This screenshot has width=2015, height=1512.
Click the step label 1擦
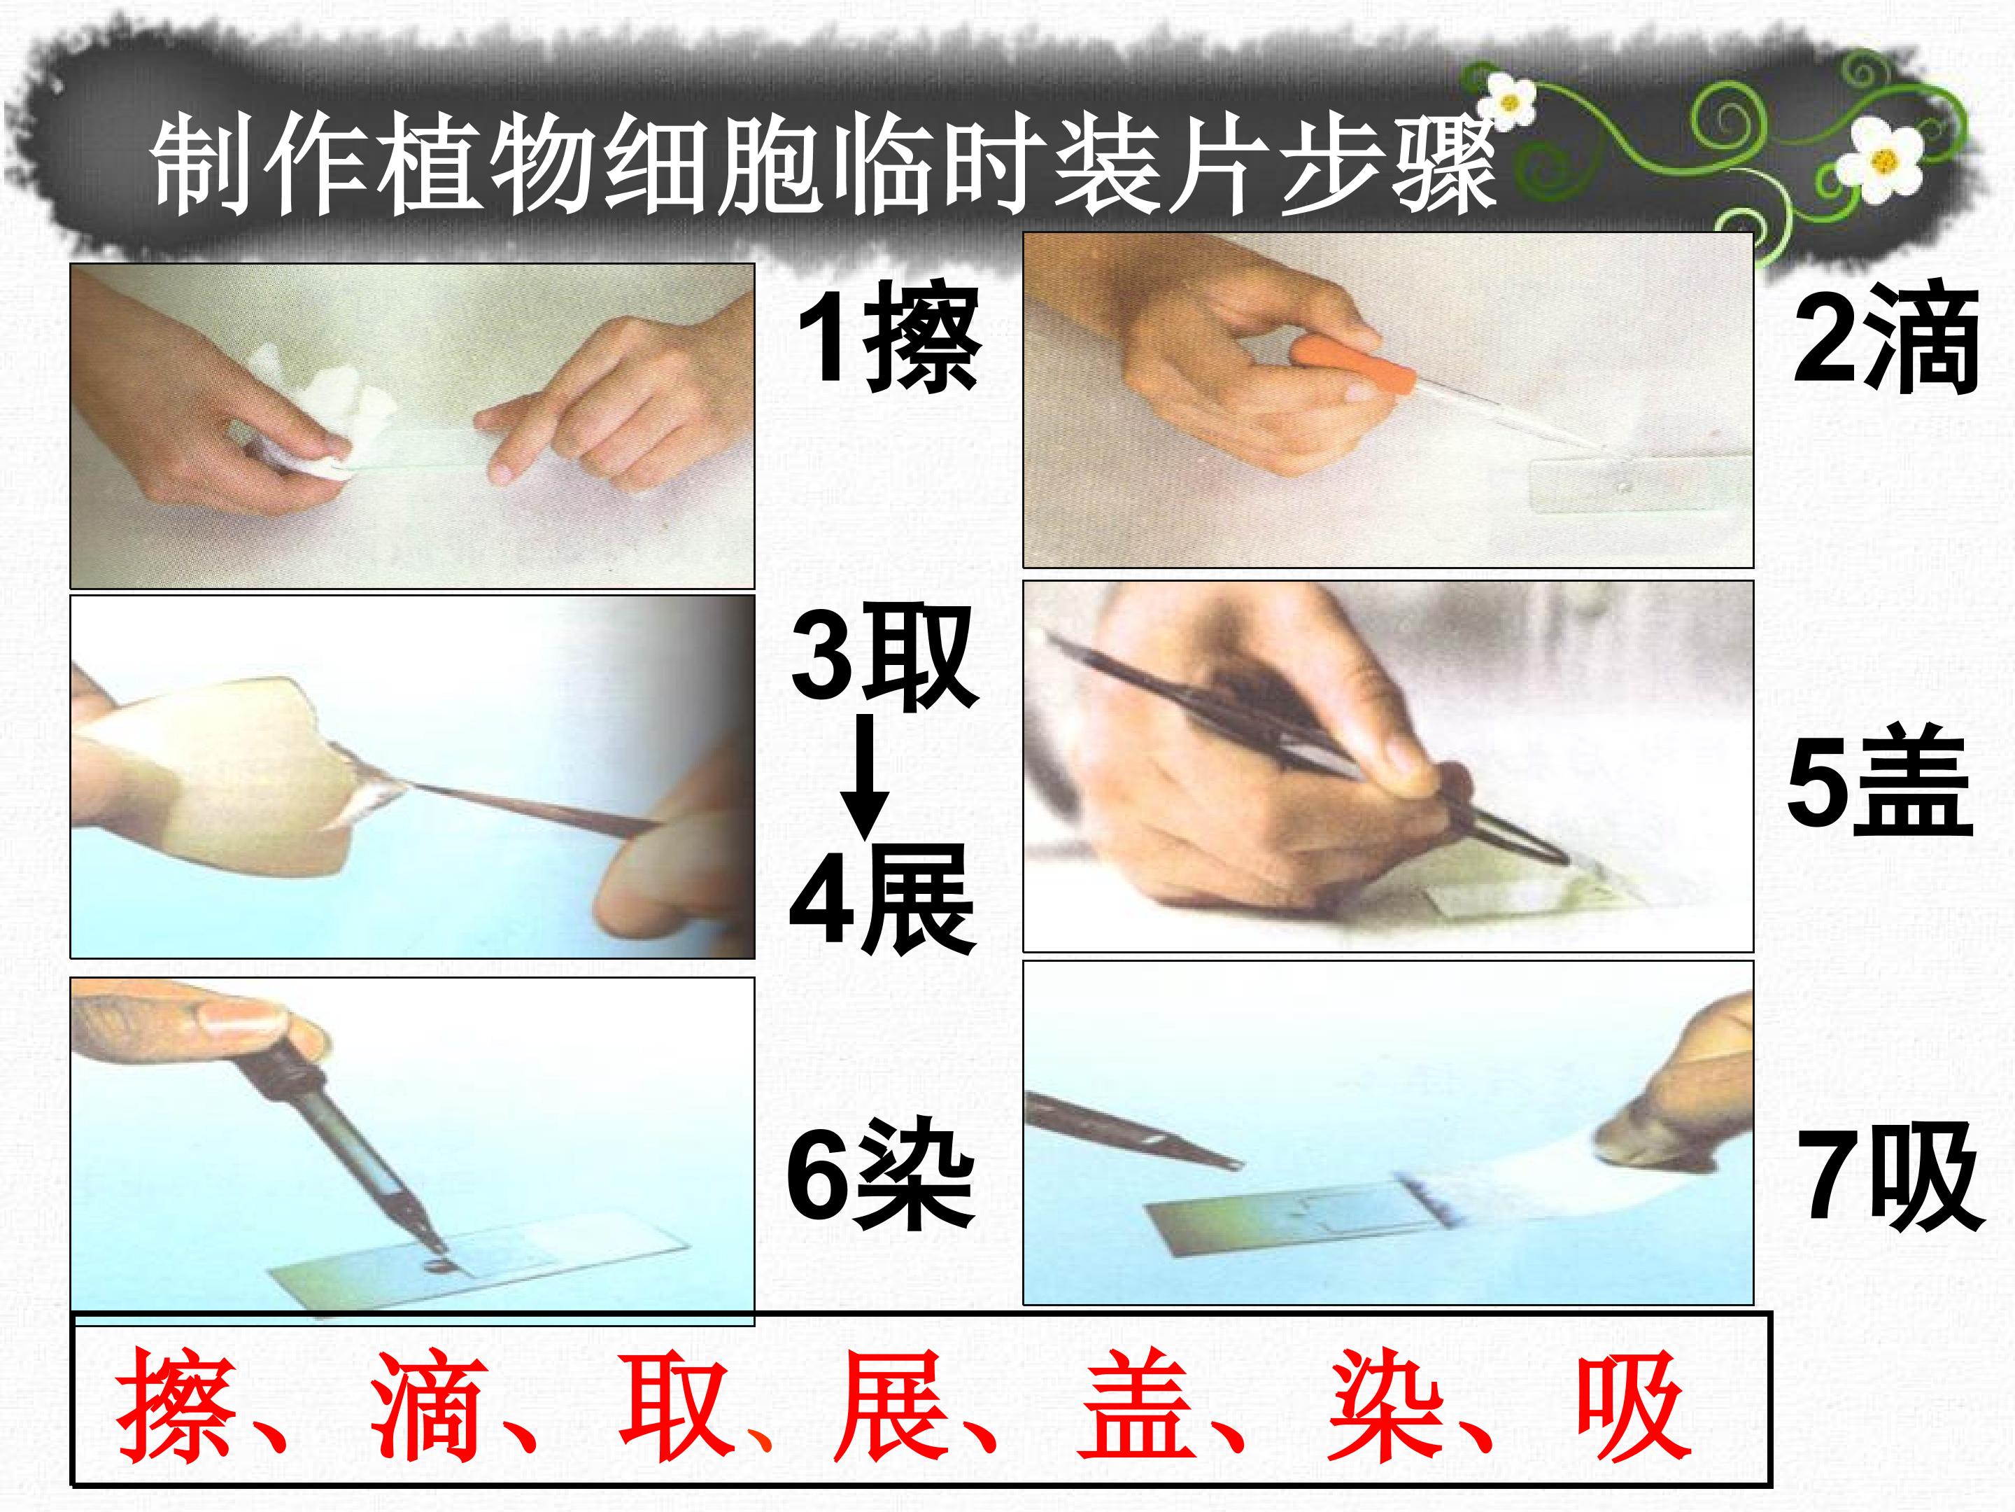pos(888,338)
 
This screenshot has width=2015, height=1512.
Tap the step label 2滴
pos(1886,338)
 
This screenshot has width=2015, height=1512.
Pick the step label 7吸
pos(1890,1177)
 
